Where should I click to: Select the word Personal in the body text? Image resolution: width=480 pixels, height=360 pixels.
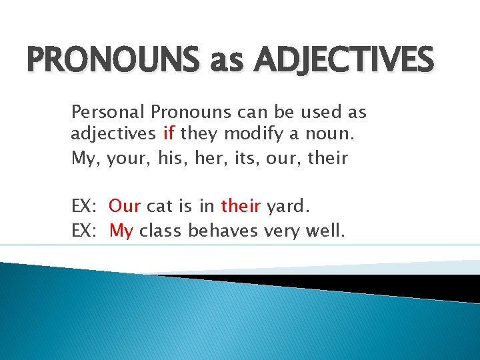(x=108, y=111)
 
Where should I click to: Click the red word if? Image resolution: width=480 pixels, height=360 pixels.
(x=169, y=134)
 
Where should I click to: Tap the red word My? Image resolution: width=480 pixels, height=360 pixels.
(x=121, y=231)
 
